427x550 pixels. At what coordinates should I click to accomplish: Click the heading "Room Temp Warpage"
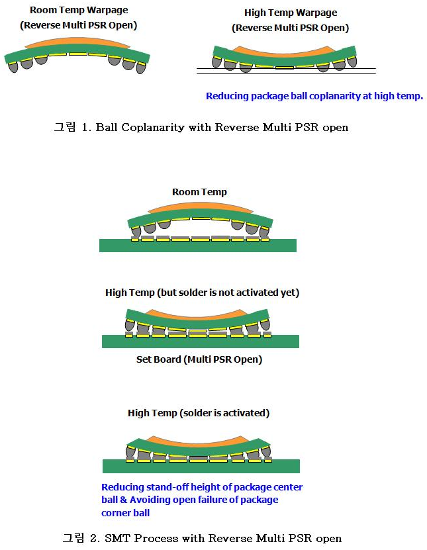click(79, 10)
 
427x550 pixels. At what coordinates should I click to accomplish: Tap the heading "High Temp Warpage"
click(291, 13)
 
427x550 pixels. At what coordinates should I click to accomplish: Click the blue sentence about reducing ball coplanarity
click(314, 96)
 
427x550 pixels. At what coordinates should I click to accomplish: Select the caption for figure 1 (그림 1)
click(201, 127)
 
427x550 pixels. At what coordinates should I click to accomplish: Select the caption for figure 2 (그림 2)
click(202, 537)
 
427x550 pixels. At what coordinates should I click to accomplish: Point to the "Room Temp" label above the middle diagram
click(199, 192)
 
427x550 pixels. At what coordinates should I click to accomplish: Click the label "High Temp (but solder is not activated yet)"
click(202, 293)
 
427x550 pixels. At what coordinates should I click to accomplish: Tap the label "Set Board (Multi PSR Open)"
click(199, 359)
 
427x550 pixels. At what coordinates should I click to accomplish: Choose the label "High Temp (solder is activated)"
click(199, 413)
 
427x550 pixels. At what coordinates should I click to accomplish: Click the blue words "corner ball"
click(125, 513)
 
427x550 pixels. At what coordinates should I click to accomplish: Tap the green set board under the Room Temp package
click(198, 246)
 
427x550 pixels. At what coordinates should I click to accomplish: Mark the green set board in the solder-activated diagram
click(201, 466)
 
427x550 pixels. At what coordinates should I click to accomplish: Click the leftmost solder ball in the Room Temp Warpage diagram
click(13, 67)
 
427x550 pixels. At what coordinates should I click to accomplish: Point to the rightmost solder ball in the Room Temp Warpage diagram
click(141, 68)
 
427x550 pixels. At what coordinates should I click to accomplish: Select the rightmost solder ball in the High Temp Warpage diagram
click(352, 62)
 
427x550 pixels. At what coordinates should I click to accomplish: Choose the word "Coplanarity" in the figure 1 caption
click(153, 127)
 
